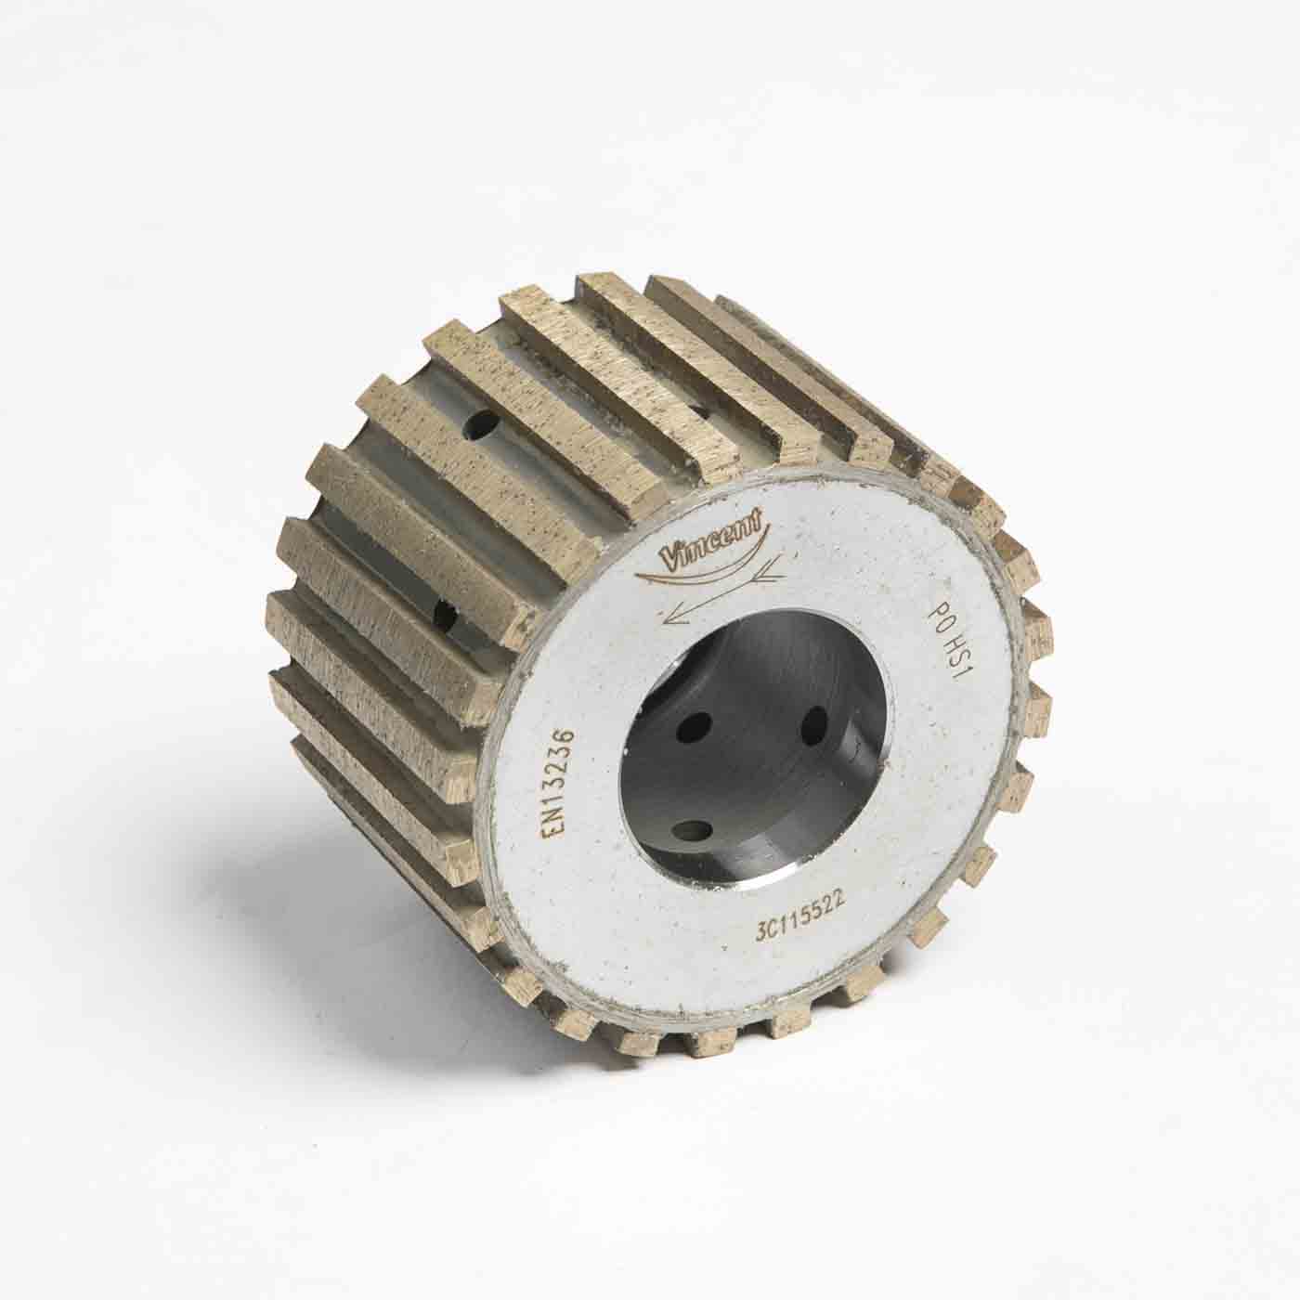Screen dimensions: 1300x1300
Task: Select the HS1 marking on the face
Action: [946, 660]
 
